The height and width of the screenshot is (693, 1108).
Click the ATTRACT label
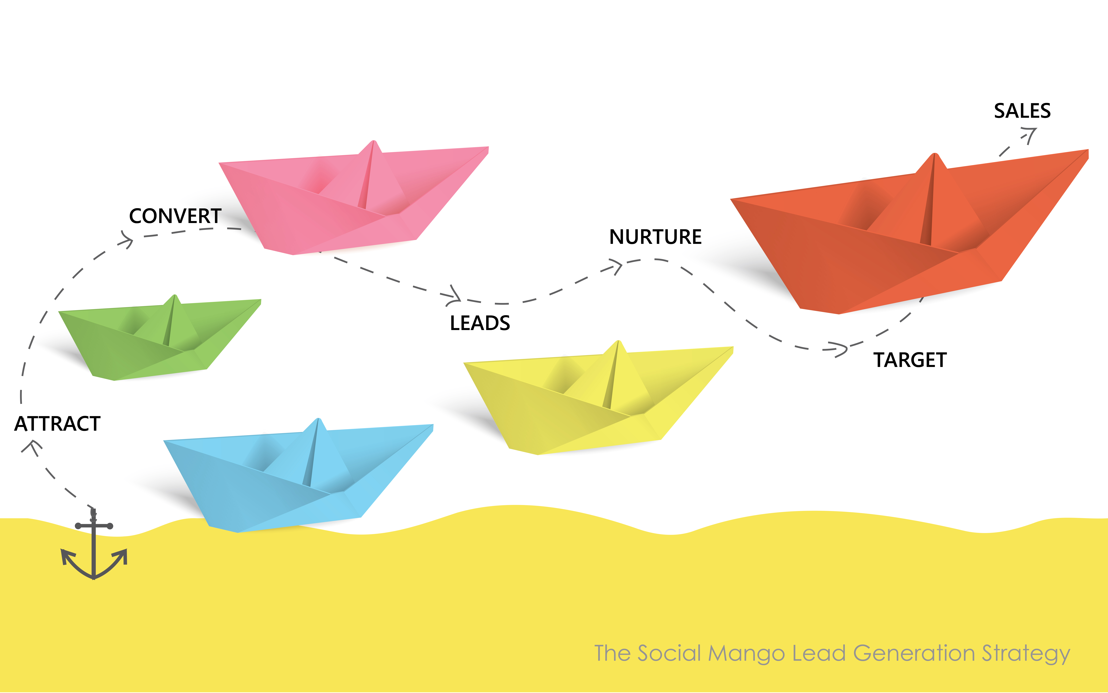57,423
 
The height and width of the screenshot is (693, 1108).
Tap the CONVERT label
175,216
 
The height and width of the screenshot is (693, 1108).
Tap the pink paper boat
354,198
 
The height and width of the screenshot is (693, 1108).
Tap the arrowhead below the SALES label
1030,134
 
